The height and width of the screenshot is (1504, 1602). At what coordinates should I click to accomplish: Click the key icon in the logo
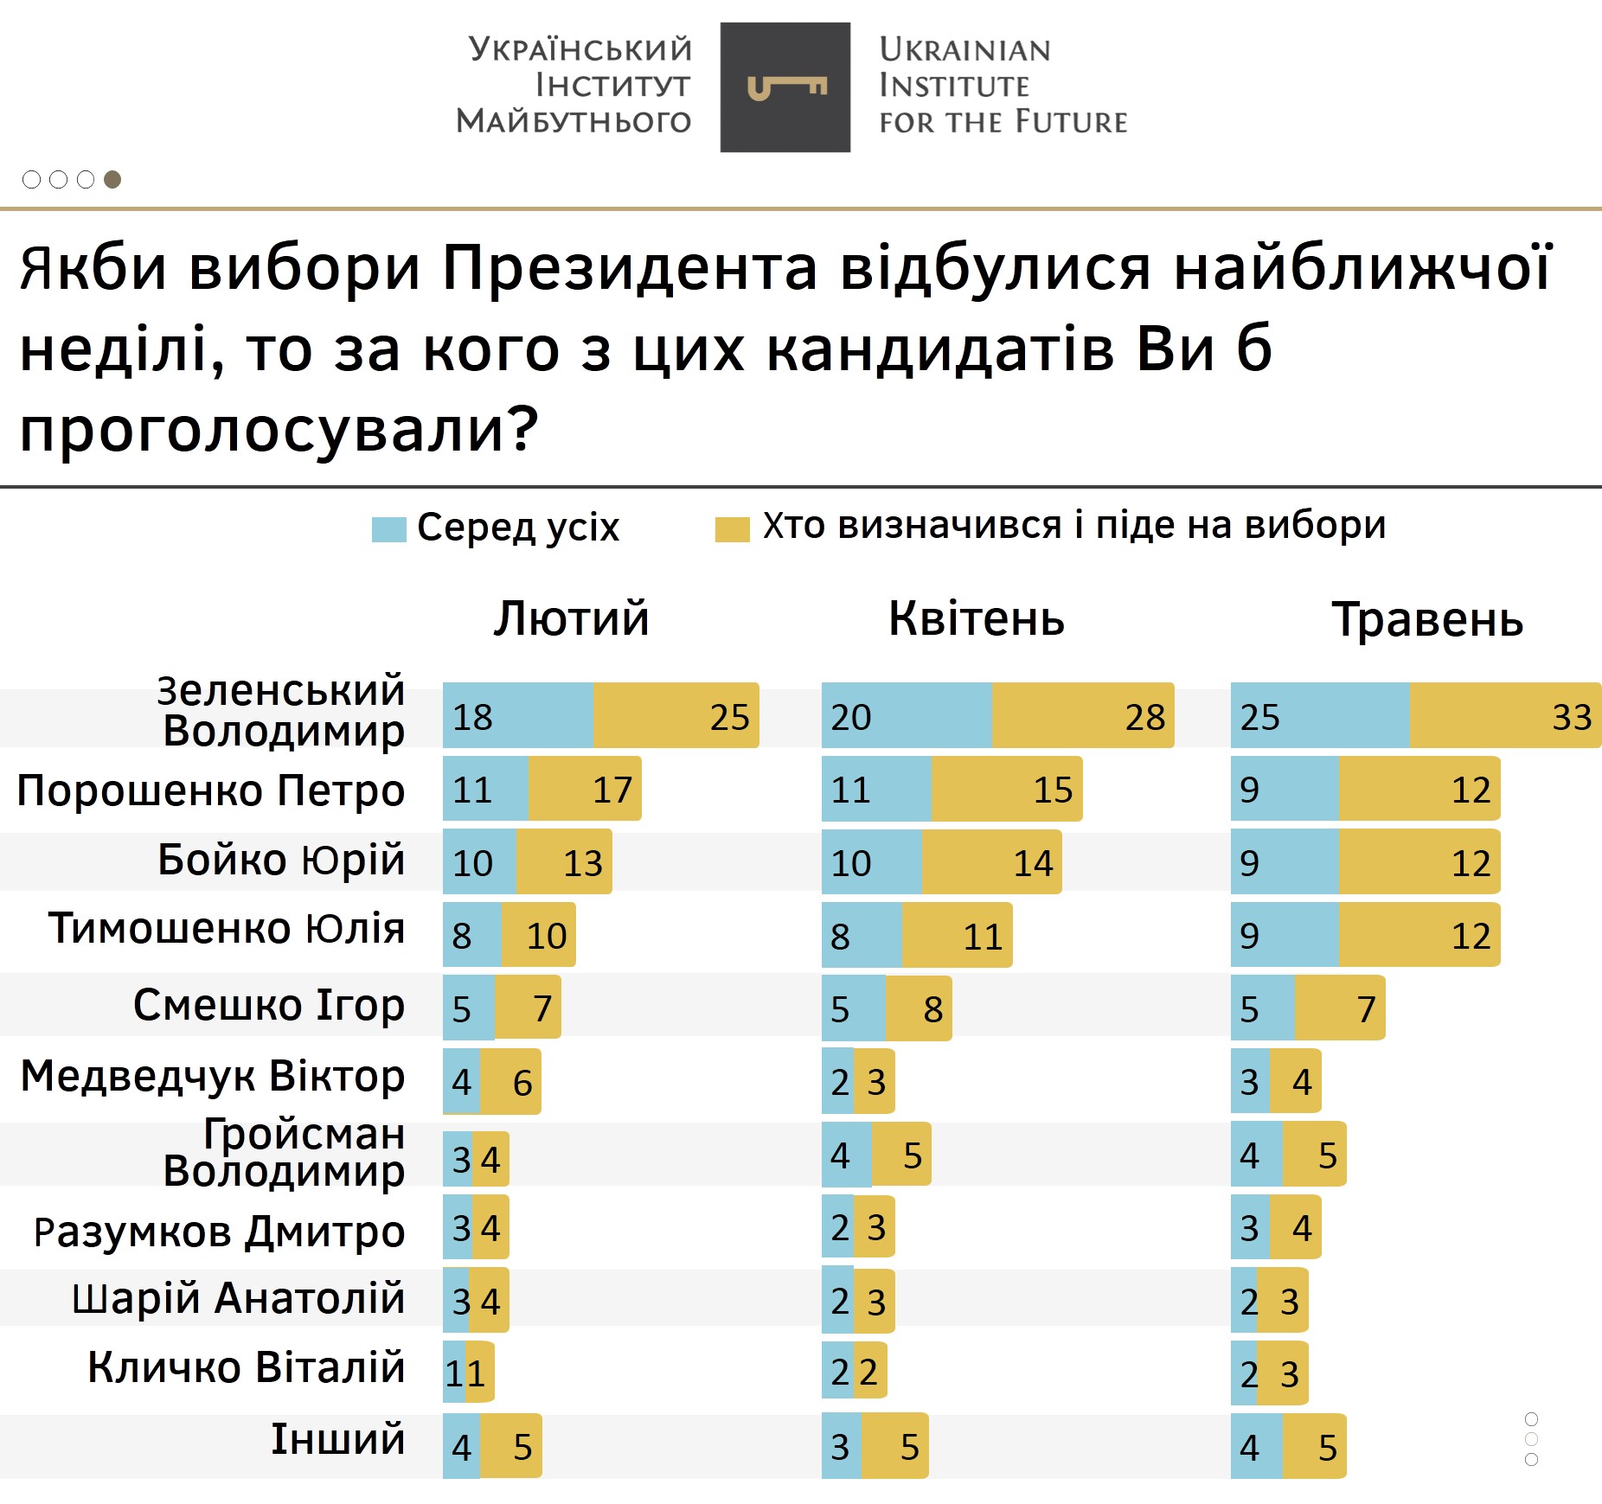[786, 87]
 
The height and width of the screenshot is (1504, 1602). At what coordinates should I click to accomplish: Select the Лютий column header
[571, 619]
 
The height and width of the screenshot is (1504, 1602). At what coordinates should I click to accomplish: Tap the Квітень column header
[976, 619]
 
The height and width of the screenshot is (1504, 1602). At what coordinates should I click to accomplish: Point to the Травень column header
[1427, 620]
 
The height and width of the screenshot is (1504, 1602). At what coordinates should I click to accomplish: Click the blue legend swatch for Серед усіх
[388, 529]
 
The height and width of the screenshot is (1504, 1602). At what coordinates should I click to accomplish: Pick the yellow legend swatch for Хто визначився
[732, 529]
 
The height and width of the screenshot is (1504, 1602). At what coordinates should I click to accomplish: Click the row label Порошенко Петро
[211, 790]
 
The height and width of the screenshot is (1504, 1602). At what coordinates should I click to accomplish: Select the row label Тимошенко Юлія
[227, 929]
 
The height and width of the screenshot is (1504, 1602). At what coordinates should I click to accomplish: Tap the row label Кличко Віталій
[247, 1367]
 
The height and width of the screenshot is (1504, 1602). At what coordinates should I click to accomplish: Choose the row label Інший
[338, 1439]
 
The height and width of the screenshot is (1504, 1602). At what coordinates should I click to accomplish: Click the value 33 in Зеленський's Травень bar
[1571, 717]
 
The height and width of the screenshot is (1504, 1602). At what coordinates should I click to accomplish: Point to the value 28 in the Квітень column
[1144, 717]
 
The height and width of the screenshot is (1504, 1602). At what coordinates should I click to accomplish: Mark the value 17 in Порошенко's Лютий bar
[612, 790]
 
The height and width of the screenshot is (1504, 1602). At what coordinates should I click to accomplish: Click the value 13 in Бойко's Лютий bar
[582, 863]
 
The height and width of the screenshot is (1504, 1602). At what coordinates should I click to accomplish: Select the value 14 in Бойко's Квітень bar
[1033, 863]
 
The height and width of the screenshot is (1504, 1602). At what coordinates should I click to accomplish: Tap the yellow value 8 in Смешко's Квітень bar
[932, 1009]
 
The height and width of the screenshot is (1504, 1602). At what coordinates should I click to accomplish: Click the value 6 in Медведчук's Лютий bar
[522, 1083]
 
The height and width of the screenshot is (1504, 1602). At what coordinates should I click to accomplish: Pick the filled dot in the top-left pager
[112, 179]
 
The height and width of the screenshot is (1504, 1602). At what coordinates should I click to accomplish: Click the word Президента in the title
[630, 267]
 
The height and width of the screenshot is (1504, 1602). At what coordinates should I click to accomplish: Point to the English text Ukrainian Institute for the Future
[1003, 86]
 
